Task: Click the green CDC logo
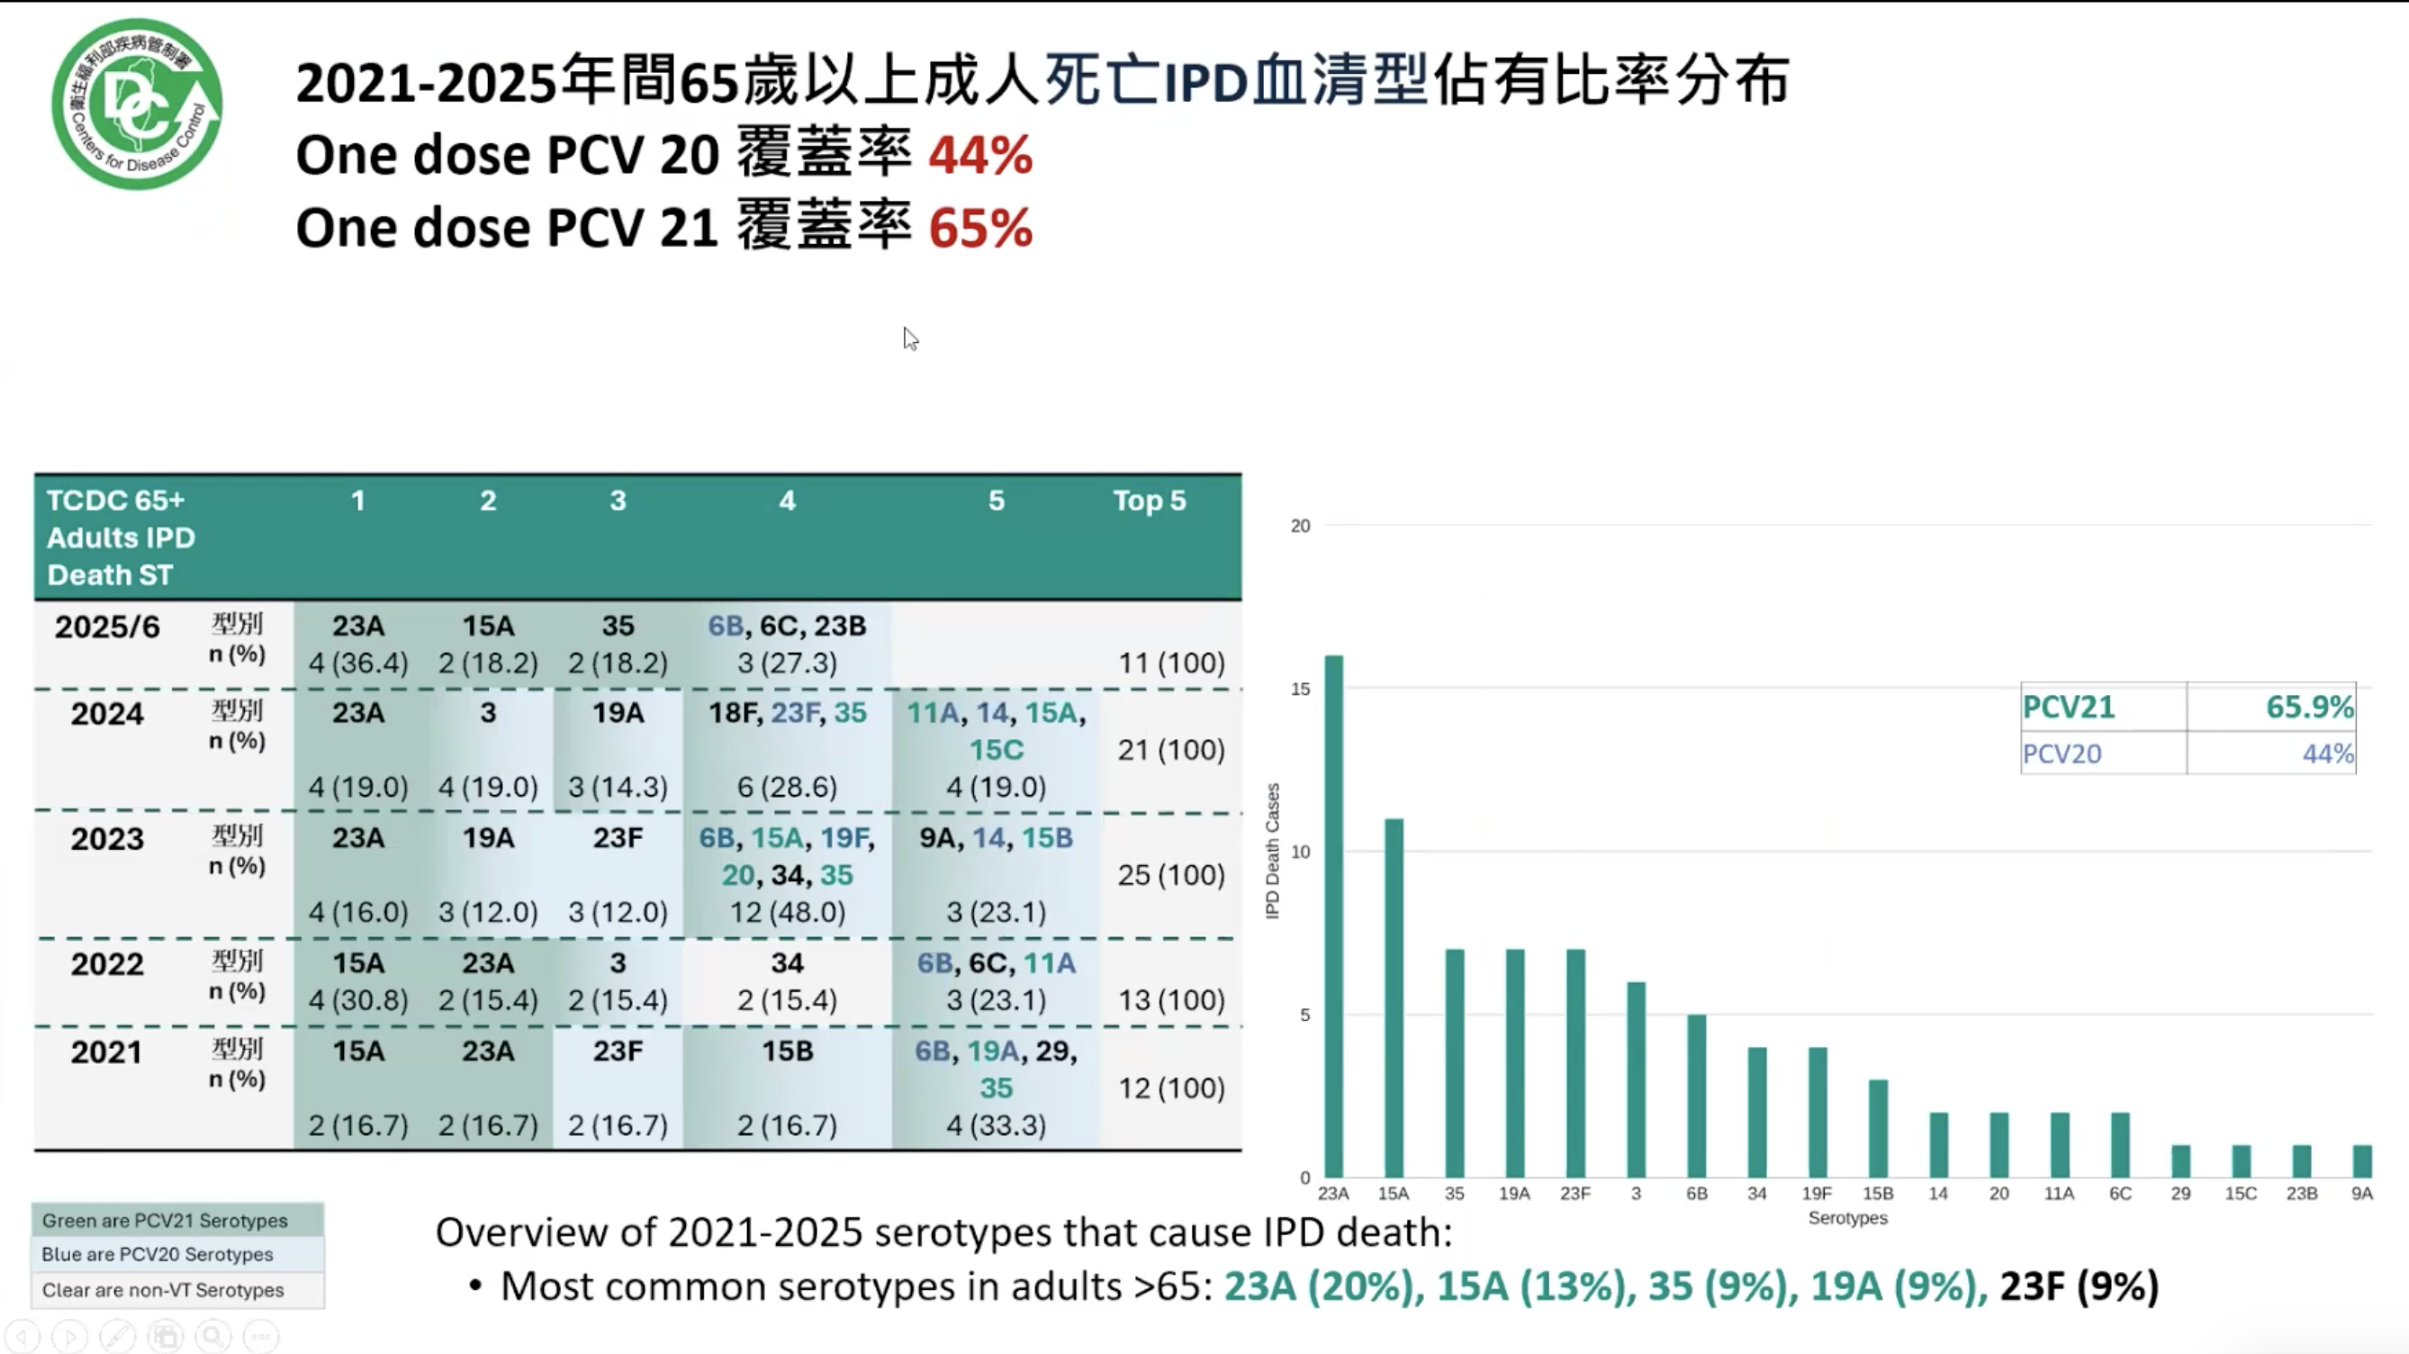(x=137, y=104)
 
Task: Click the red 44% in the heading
(x=980, y=155)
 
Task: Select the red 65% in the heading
(x=980, y=229)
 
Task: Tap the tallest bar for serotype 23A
(x=1333, y=916)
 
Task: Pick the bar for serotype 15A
(x=1394, y=997)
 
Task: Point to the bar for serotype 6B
(x=1696, y=1096)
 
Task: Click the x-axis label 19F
(x=1817, y=1194)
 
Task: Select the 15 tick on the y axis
(x=1300, y=690)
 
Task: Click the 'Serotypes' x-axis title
(x=1847, y=1218)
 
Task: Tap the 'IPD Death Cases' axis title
(x=1272, y=851)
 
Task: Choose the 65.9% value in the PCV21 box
(x=2308, y=707)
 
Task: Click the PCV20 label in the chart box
(x=2062, y=754)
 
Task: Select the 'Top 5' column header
(x=1149, y=501)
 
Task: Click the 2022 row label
(x=107, y=964)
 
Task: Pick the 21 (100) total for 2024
(x=1171, y=750)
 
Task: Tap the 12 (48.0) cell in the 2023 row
(x=788, y=913)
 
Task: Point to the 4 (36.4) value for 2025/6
(x=358, y=663)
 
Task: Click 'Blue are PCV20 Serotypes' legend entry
(x=158, y=1255)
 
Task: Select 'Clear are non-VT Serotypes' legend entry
(x=163, y=1290)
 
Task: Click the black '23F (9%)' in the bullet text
(x=2079, y=1286)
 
